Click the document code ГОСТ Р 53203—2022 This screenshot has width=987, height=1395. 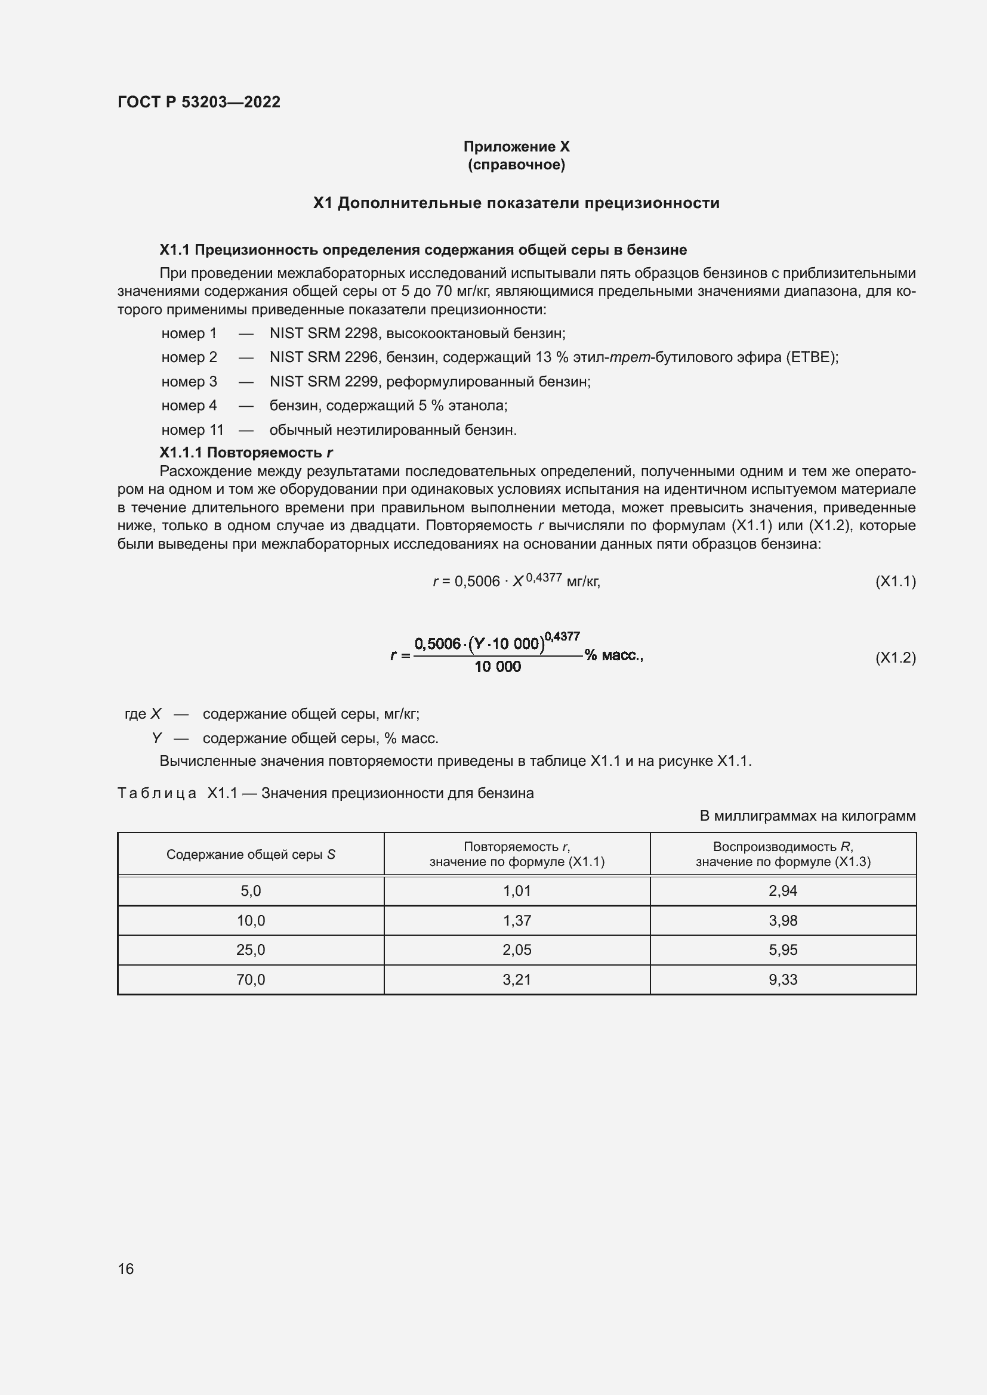199,102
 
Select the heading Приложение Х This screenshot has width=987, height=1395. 516,147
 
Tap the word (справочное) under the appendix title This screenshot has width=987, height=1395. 516,165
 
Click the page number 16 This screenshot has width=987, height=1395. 126,1269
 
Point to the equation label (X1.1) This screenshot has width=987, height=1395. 895,581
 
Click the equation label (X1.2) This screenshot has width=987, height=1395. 895,657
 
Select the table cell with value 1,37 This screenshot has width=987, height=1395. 517,920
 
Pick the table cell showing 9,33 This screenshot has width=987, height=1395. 783,979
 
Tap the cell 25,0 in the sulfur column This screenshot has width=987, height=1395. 251,949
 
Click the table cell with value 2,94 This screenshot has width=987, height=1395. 783,890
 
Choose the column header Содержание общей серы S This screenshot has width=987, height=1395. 251,854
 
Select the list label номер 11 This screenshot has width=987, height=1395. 192,430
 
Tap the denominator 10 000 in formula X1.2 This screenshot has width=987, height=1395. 497,667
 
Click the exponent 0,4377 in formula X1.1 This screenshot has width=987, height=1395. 544,577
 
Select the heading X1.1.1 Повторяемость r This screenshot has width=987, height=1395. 245,453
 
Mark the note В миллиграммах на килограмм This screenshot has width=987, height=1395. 807,816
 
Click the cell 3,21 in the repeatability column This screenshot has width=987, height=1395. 517,979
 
